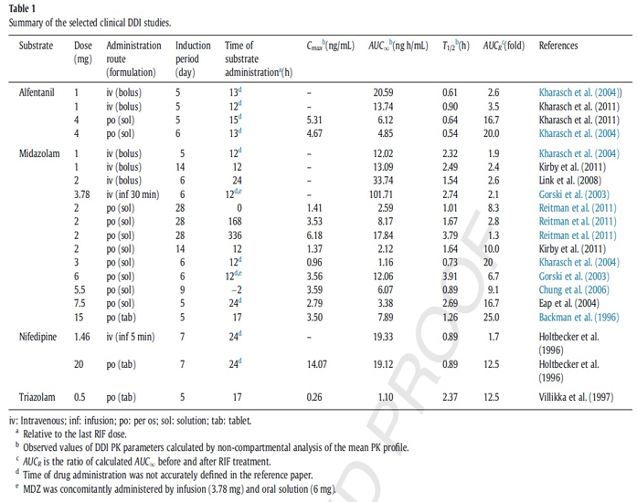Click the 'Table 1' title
click(22, 8)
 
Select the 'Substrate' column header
click(36, 46)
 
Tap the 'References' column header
click(558, 46)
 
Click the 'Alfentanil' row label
click(37, 92)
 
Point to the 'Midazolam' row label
click(39, 154)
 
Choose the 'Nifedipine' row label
click(37, 337)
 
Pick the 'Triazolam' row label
click(37, 397)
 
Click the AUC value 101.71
click(381, 194)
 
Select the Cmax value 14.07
click(316, 364)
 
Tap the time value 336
click(235, 235)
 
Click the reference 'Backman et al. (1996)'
click(579, 318)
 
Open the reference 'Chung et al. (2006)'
click(574, 290)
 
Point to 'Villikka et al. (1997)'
click(576, 397)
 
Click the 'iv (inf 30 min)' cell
click(133, 194)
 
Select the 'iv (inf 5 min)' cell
click(131, 337)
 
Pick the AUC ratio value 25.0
click(491, 318)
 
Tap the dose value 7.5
click(80, 304)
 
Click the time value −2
click(237, 290)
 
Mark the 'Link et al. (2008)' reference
click(570, 181)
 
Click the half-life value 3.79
click(451, 235)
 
